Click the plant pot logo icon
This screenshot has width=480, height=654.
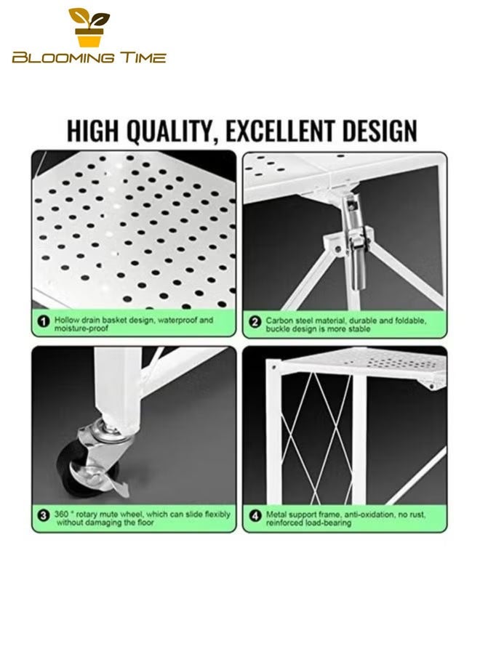pyautogui.click(x=89, y=28)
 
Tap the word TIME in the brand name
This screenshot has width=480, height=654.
pyautogui.click(x=139, y=57)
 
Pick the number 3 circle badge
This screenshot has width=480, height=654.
pyautogui.click(x=43, y=518)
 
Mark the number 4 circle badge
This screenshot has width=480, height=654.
pyautogui.click(x=255, y=518)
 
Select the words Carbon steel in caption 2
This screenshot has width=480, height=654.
pyautogui.click(x=289, y=320)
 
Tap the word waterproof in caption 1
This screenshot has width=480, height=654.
pyautogui.click(x=172, y=320)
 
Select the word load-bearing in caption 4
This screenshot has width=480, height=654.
pyautogui.click(x=324, y=522)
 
